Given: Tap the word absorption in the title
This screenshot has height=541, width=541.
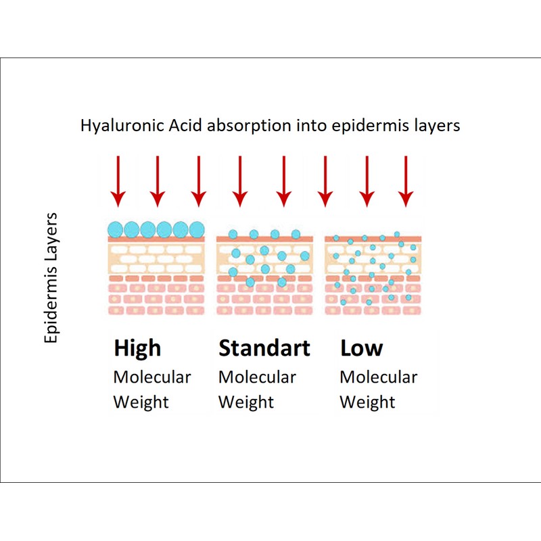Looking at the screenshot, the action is click(x=235, y=126).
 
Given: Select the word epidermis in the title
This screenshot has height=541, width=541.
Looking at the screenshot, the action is click(x=358, y=126).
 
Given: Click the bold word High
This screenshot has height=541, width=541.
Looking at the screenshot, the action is click(x=137, y=348).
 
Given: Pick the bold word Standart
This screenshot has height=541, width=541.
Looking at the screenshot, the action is click(x=264, y=348).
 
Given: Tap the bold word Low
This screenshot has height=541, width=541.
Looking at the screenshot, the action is click(x=361, y=348).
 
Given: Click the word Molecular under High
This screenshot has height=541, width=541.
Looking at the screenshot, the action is click(x=152, y=377).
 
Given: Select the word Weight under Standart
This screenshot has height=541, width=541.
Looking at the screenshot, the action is click(x=246, y=402).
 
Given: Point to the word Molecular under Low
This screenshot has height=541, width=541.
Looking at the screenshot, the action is click(x=378, y=377).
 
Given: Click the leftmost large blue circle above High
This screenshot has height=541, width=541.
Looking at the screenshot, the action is click(x=116, y=229).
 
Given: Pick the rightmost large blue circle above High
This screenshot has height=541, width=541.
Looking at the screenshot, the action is click(x=197, y=229).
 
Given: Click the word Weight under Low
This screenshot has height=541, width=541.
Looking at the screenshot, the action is click(x=367, y=402).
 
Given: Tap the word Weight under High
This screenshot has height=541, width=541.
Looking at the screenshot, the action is click(x=141, y=402).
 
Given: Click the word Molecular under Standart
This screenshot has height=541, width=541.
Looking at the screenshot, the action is click(x=257, y=377).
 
